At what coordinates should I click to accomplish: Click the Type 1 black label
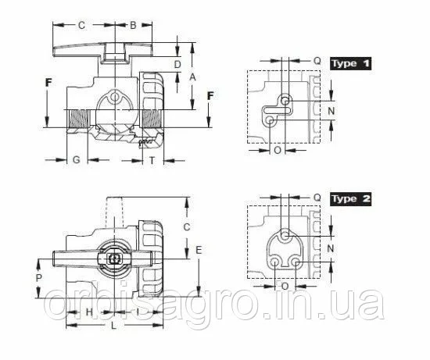coord(350,63)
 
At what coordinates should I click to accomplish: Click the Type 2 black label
coord(350,199)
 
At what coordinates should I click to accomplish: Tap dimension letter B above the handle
coord(133,25)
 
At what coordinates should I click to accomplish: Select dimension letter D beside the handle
coord(177,65)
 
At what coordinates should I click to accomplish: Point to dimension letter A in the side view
coord(193,77)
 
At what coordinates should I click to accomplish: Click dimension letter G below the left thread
coord(77,159)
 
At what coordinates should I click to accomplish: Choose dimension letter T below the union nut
coord(152,160)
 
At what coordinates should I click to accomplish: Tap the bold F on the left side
coord(48,83)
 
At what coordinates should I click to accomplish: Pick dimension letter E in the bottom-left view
coord(199,250)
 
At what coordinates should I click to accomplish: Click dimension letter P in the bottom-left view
coord(39,278)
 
